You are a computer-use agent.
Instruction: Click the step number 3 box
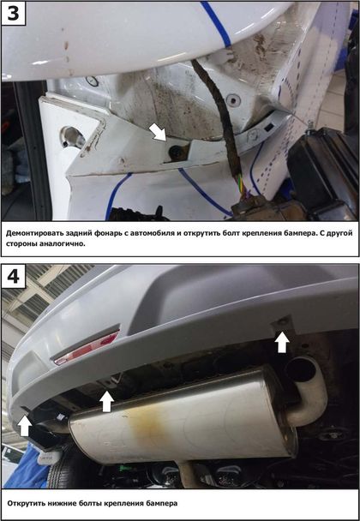pos(14,14)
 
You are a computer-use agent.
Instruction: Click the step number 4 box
pos(14,276)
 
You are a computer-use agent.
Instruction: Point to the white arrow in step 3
pos(158,132)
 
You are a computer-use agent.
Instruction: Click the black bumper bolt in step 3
pos(175,153)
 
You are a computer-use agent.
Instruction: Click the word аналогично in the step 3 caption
pos(63,243)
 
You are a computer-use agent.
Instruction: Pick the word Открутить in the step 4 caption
pos(24,503)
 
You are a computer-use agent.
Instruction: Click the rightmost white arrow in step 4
pos(282,342)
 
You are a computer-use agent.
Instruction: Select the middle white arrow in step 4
pos(106,401)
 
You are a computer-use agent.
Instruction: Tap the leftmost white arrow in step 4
pos(24,426)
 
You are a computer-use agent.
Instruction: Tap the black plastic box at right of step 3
pos(321,173)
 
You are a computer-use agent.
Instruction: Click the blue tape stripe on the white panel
pos(215,24)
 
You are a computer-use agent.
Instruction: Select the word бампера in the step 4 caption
pos(162,503)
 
